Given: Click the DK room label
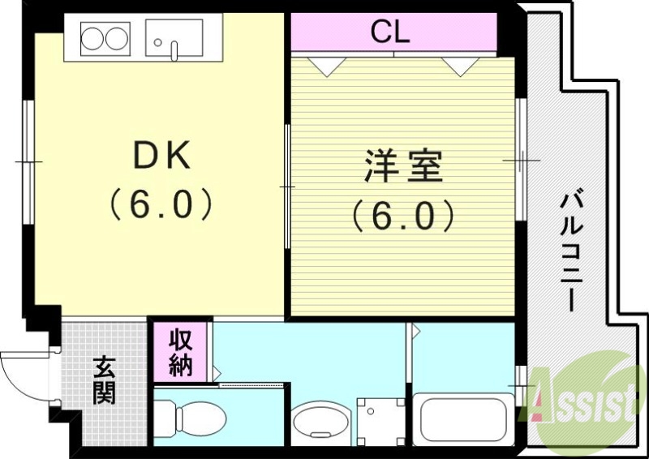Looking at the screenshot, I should pos(161,157).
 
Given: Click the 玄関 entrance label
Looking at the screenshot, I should pos(103,380).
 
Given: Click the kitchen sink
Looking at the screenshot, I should pos(174,38).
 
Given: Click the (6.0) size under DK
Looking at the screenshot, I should pos(161,204).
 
